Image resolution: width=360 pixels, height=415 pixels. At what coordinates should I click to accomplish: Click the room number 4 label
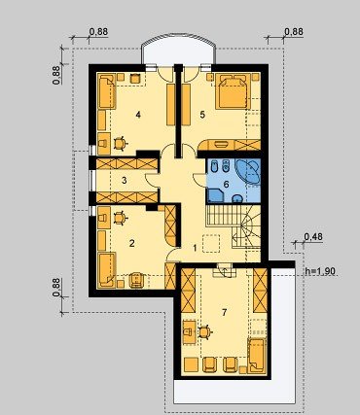click(x=138, y=115)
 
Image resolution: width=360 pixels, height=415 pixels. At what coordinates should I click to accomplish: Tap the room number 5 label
click(x=202, y=115)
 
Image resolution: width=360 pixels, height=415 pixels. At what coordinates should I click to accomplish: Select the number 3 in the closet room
click(x=125, y=181)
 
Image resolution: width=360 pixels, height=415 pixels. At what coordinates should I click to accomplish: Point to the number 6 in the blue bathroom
click(x=226, y=185)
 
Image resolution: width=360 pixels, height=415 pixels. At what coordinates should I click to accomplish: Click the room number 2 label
click(x=131, y=243)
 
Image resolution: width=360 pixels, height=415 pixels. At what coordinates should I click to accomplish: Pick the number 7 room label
click(x=224, y=312)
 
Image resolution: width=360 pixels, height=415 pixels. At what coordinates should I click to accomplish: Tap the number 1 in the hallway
click(x=195, y=248)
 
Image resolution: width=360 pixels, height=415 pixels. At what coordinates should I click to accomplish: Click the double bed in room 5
click(x=233, y=91)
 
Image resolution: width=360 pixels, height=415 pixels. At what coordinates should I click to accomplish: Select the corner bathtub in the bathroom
click(x=248, y=171)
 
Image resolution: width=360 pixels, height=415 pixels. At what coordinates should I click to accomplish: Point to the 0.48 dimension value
click(x=313, y=237)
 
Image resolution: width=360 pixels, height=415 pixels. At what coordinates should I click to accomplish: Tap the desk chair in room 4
click(x=120, y=143)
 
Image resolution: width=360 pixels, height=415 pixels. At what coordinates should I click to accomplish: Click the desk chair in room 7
click(x=204, y=332)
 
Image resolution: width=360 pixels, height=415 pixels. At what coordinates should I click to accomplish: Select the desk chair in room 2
click(x=120, y=218)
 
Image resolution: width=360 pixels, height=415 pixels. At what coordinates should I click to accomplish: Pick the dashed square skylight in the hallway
click(x=211, y=243)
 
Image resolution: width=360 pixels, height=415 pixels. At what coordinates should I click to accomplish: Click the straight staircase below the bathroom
click(x=219, y=215)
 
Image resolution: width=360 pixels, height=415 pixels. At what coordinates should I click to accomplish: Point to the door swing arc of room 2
click(x=171, y=254)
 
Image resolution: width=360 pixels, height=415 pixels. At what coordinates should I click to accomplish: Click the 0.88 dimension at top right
click(x=294, y=32)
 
